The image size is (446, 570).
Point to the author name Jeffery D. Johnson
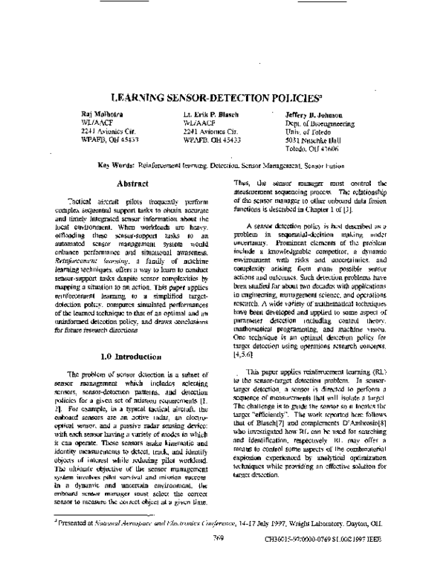312,116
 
